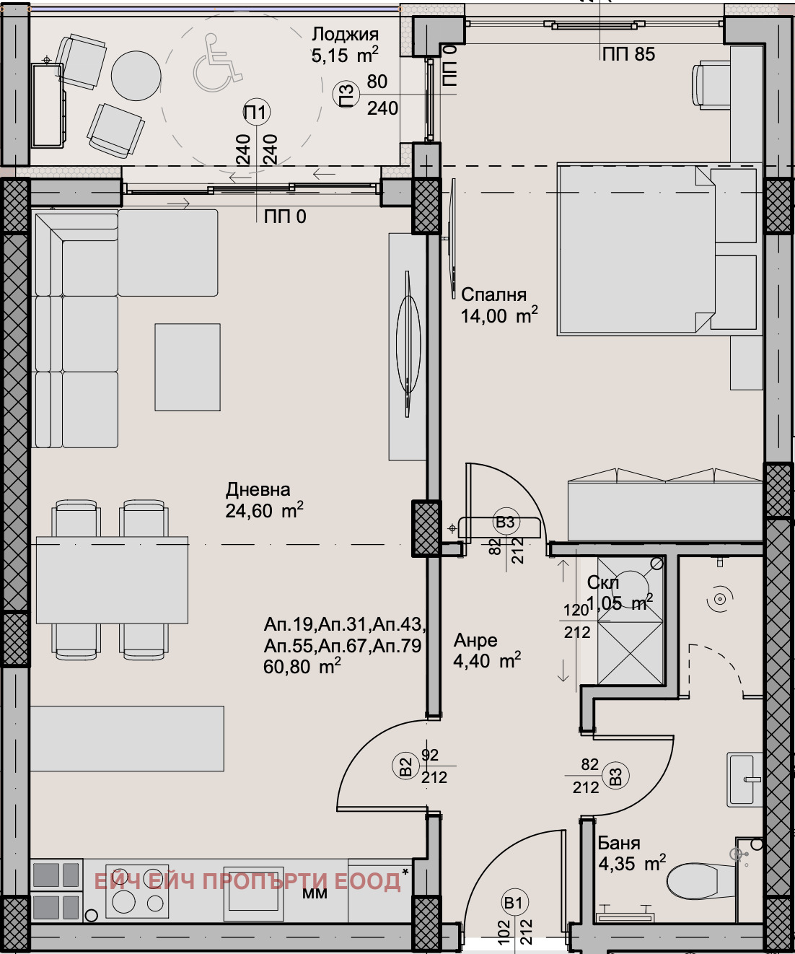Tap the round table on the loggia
pyautogui.click(x=136, y=75)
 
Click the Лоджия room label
pyautogui.click(x=345, y=35)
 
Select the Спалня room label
pyautogui.click(x=493, y=294)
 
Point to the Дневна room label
pyautogui.click(x=258, y=489)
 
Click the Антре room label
pyautogui.click(x=475, y=640)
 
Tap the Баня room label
pyautogui.click(x=618, y=843)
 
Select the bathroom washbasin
pyautogui.click(x=745, y=779)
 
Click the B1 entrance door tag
pyautogui.click(x=514, y=903)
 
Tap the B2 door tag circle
pyautogui.click(x=405, y=766)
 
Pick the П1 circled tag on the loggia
pyautogui.click(x=255, y=112)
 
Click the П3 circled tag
pyautogui.click(x=346, y=95)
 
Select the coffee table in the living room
pyautogui.click(x=188, y=367)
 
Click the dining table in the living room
pyautogui.click(x=112, y=579)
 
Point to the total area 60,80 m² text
pyautogui.click(x=302, y=666)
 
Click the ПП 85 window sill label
pyautogui.click(x=628, y=54)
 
